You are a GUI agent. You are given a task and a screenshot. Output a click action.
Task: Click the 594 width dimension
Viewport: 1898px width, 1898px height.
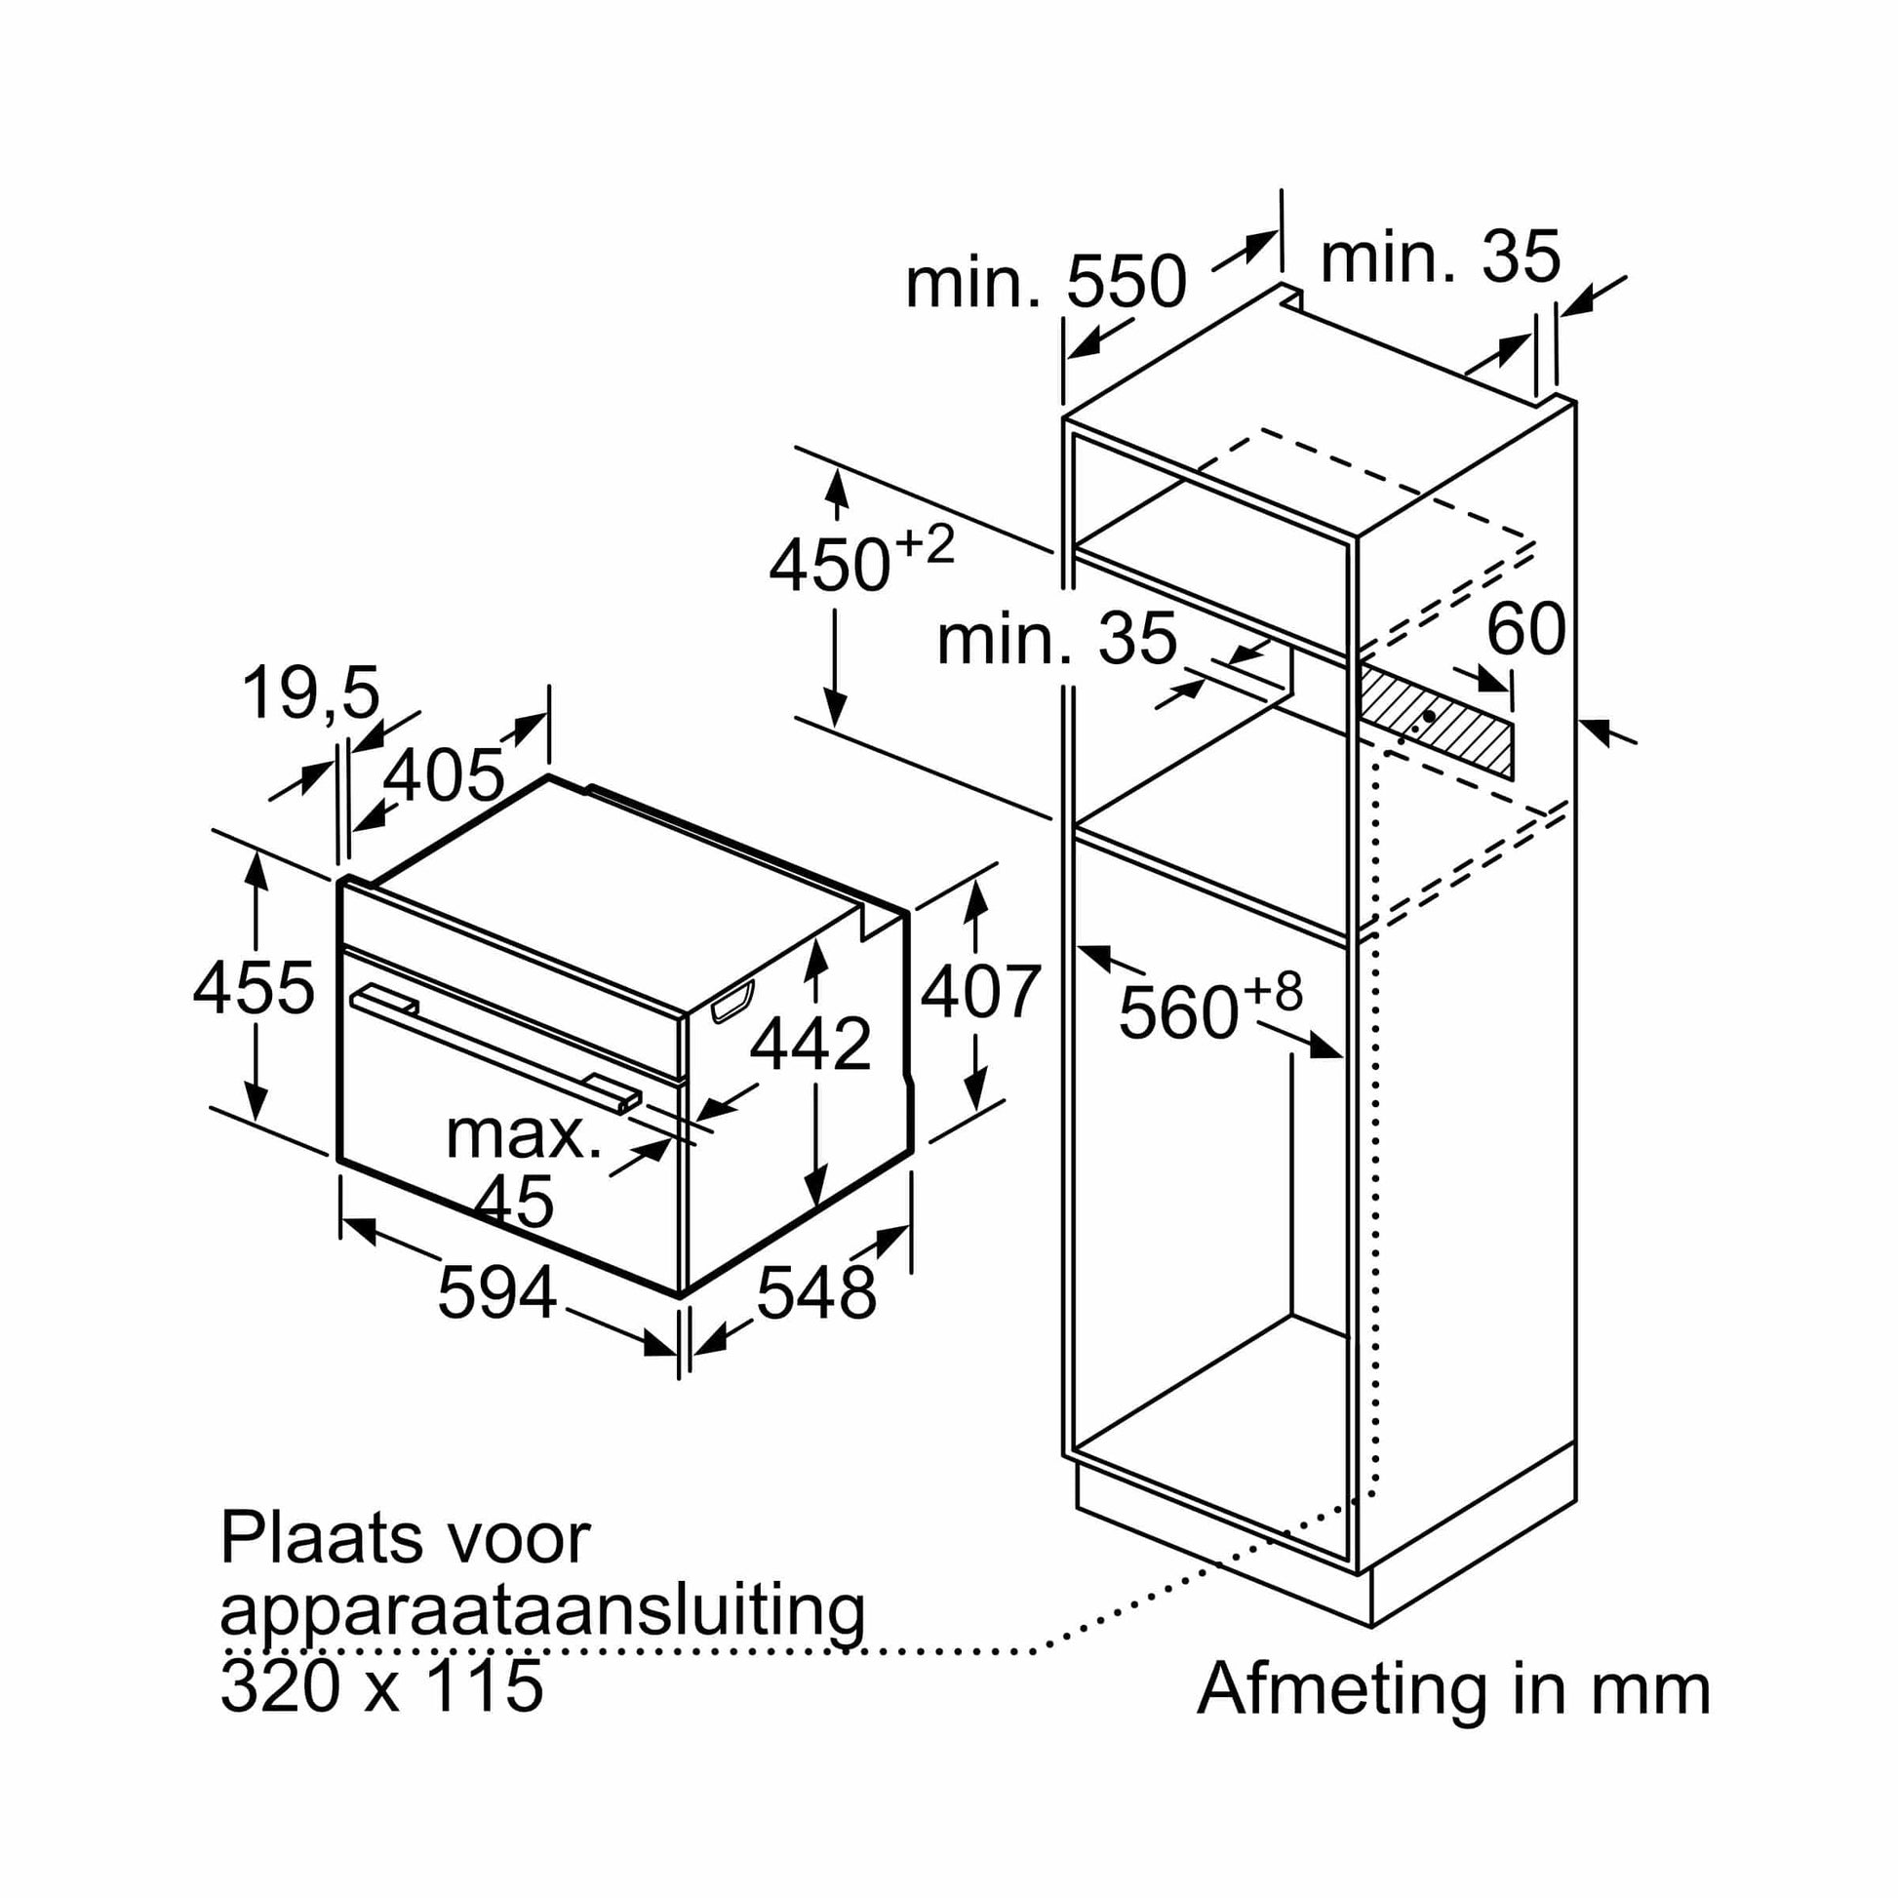[x=496, y=1293]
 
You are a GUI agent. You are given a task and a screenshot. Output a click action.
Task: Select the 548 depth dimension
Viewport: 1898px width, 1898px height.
[x=815, y=1293]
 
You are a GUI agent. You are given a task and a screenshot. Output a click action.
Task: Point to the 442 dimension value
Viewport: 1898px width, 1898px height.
[x=811, y=1044]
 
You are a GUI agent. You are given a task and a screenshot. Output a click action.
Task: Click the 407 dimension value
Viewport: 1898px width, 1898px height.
[x=979, y=991]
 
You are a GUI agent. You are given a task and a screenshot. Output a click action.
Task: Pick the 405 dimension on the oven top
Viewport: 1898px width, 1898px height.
[x=443, y=775]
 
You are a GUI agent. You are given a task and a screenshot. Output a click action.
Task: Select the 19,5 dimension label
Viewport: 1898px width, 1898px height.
[x=310, y=692]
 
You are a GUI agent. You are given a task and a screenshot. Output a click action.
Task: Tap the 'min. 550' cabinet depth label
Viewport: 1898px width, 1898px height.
[x=1046, y=282]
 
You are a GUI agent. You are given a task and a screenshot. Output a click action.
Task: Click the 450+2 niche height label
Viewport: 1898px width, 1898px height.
[x=860, y=561]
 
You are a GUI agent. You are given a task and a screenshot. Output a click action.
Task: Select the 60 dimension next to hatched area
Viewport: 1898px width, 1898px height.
[x=1525, y=629]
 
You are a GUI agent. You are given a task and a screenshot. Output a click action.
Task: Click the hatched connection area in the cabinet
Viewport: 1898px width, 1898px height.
[x=1436, y=719]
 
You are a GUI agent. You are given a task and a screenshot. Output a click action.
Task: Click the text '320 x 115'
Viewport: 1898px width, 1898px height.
[x=381, y=1685]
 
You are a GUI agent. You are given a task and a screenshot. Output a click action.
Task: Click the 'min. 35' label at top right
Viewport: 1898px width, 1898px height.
[x=1440, y=257]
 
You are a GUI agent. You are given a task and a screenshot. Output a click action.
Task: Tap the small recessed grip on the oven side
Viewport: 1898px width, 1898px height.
[x=732, y=1001]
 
